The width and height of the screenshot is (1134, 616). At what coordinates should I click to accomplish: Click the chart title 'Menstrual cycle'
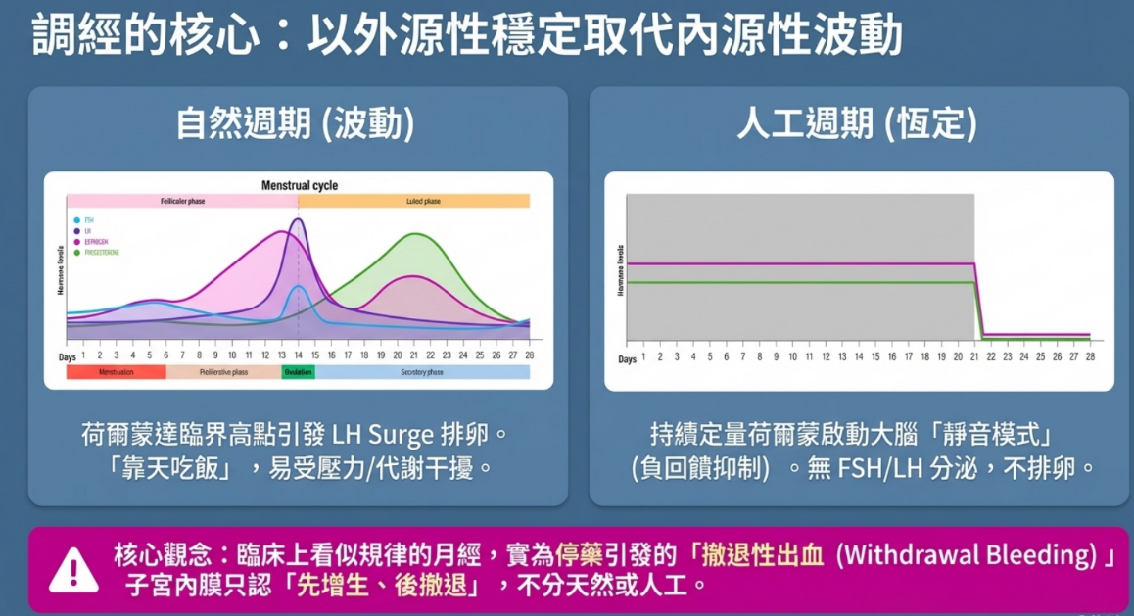(x=300, y=185)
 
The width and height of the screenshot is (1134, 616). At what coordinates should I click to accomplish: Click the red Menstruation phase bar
(x=116, y=372)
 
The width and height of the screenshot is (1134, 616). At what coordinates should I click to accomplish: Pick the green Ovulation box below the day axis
(x=298, y=372)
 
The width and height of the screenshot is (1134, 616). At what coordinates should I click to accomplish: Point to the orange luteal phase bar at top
(x=413, y=201)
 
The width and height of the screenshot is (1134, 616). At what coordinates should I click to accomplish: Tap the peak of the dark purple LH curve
(x=298, y=220)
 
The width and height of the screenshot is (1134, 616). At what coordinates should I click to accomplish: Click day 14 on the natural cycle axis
(x=299, y=355)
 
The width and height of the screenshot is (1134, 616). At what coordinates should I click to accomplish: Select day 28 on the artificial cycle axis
(x=1090, y=357)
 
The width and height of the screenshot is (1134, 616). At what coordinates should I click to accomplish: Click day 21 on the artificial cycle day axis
(x=974, y=357)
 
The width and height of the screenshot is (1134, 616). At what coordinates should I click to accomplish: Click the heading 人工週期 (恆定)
(x=856, y=125)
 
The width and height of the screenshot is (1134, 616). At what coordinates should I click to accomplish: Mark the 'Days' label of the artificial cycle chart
(x=627, y=359)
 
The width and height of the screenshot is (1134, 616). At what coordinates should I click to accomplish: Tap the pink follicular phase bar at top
(x=182, y=201)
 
